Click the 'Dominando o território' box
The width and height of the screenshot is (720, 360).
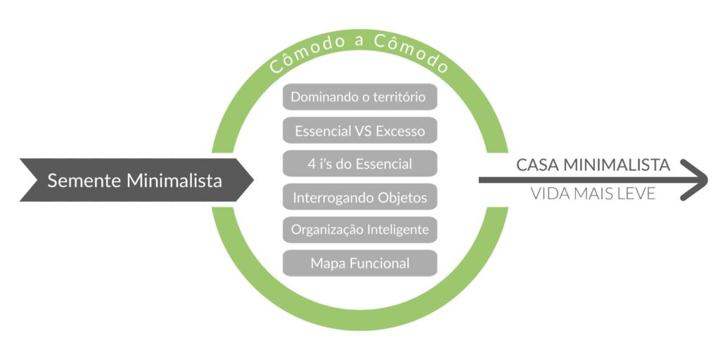(359, 97)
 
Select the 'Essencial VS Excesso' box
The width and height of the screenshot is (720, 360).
(359, 131)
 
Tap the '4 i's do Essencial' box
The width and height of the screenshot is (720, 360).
(359, 164)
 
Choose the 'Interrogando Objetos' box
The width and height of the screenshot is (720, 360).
(359, 198)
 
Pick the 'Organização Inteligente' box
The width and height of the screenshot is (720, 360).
(359, 230)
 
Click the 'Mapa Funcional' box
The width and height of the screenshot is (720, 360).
(359, 264)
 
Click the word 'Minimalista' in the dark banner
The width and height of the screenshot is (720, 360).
(174, 181)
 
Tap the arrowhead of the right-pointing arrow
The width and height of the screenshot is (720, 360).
(696, 180)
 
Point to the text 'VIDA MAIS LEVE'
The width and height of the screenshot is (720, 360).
(593, 194)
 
